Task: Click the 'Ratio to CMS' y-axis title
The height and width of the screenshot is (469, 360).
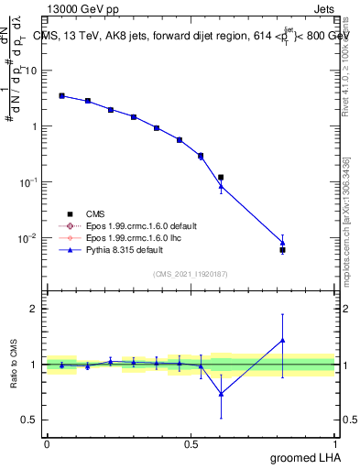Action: [14, 365]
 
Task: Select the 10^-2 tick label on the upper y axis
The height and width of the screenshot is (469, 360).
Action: [29, 238]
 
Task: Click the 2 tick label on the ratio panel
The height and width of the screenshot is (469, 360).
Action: [36, 310]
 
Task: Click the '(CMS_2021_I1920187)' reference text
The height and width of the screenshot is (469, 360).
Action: [191, 273]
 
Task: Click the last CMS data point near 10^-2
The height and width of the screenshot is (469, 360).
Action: [282, 249]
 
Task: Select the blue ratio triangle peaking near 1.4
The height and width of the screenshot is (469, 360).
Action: [282, 341]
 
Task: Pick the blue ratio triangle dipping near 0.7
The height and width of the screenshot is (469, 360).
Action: [221, 394]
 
